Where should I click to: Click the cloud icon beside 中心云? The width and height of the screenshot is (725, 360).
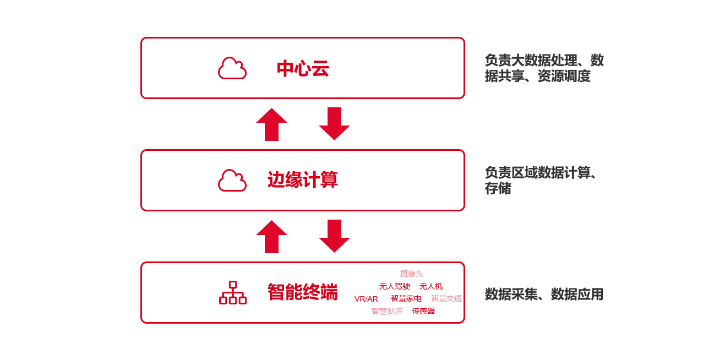(232, 68)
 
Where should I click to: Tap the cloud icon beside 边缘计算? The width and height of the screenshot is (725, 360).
(232, 181)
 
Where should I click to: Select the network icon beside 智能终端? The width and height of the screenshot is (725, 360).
(233, 293)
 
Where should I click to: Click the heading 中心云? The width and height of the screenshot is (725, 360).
(303, 69)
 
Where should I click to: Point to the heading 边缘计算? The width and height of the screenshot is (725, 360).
(302, 180)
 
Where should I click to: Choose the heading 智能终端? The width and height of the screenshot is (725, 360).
(302, 292)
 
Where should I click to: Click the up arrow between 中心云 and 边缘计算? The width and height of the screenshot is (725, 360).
(271, 124)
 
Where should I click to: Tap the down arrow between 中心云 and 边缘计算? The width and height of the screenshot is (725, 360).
(334, 124)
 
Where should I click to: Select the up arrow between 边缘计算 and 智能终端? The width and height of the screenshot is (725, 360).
(271, 237)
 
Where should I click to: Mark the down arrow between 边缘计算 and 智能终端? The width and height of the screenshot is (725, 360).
(334, 236)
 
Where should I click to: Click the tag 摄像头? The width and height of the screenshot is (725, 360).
(411, 274)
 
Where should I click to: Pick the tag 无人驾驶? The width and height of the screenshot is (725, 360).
(394, 286)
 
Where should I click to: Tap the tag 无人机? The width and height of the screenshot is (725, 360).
(430, 286)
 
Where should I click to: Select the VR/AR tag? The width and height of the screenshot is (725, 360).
(366, 299)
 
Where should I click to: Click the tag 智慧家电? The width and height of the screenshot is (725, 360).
(406, 298)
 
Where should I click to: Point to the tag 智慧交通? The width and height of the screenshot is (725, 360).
(446, 298)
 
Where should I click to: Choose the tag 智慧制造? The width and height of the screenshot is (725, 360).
(386, 311)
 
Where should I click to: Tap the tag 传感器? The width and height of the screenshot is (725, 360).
(423, 311)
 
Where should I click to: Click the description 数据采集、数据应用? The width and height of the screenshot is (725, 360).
(544, 294)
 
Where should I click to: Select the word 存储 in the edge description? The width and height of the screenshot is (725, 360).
(498, 188)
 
